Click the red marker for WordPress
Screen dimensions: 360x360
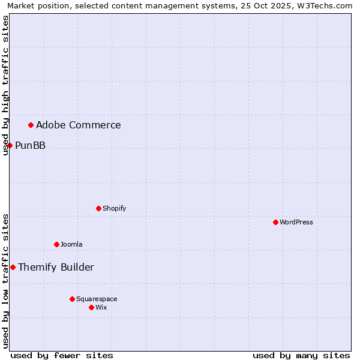click(x=275, y=222)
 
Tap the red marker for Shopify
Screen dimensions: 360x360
click(x=98, y=208)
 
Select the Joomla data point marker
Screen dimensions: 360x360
click(x=56, y=244)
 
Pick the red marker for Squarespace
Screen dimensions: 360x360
click(x=72, y=299)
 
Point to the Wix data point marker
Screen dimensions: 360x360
click(x=91, y=307)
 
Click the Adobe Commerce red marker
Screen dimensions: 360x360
click(x=31, y=125)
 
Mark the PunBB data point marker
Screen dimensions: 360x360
click(x=10, y=145)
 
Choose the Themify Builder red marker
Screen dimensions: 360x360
click(x=13, y=267)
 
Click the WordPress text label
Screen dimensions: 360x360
click(x=296, y=222)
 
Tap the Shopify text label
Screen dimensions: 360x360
click(x=115, y=208)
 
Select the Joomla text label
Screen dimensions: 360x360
click(x=71, y=244)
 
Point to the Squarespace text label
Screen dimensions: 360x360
click(x=97, y=299)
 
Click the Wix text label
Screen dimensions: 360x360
click(x=101, y=307)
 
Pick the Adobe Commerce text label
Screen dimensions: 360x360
click(x=79, y=125)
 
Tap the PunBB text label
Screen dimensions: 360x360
click(x=30, y=145)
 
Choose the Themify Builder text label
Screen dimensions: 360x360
click(x=56, y=267)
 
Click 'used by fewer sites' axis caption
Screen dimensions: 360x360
click(x=62, y=355)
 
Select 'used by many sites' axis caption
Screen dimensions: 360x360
click(x=301, y=355)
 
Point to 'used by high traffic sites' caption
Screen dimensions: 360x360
click(x=5, y=85)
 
